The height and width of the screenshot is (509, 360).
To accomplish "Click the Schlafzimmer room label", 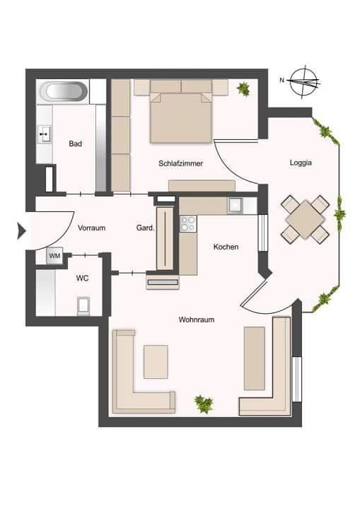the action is pyautogui.click(x=180, y=163).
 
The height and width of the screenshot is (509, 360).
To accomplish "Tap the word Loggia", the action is pyautogui.click(x=301, y=163).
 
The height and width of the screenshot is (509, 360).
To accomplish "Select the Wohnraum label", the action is pyautogui.click(x=197, y=320).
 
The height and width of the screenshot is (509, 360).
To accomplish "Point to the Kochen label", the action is pyautogui.click(x=226, y=247).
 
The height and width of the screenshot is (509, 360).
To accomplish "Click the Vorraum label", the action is pyautogui.click(x=92, y=228).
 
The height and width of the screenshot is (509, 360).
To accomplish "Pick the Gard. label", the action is pyautogui.click(x=145, y=228).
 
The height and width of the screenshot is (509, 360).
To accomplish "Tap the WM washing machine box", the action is pyautogui.click(x=54, y=256).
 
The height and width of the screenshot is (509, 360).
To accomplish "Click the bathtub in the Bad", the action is pyautogui.click(x=64, y=91).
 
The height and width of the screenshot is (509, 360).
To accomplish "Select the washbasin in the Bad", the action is pyautogui.click(x=45, y=134).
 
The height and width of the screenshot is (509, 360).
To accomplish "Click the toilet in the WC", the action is pyautogui.click(x=83, y=306).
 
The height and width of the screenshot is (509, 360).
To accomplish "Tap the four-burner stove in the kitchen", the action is pyautogui.click(x=188, y=223).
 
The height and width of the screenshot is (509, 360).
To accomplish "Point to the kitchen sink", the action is pyautogui.click(x=235, y=206).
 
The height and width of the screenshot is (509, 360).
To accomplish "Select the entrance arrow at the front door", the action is pyautogui.click(x=21, y=231).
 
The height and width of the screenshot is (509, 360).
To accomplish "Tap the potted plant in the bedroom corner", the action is pyautogui.click(x=243, y=88).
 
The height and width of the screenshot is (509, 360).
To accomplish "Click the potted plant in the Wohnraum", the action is pyautogui.click(x=204, y=404).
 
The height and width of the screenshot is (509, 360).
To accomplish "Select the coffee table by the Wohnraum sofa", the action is pyautogui.click(x=156, y=362).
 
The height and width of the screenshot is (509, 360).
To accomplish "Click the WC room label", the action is pyautogui.click(x=83, y=279).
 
